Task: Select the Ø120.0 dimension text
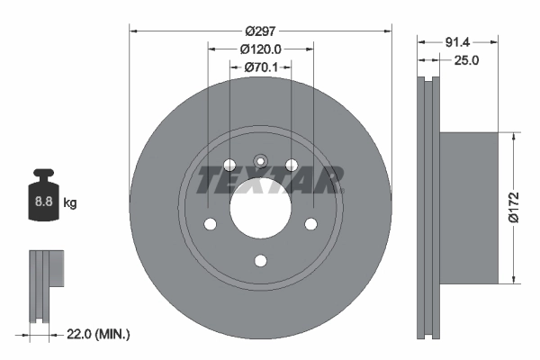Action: (x=261, y=49)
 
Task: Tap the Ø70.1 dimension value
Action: (x=262, y=67)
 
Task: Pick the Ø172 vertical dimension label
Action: (x=512, y=206)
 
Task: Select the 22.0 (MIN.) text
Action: (x=99, y=334)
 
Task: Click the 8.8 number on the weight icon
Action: (x=43, y=202)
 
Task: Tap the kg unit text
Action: (x=71, y=203)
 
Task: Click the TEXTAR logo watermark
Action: (x=270, y=180)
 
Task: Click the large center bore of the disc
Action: (x=261, y=209)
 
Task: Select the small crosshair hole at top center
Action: (x=261, y=163)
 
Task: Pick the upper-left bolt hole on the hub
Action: (x=229, y=165)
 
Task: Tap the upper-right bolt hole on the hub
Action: (x=292, y=165)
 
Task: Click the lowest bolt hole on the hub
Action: (x=261, y=261)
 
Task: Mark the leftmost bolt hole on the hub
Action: (x=211, y=224)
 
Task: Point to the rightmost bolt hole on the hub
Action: (x=311, y=224)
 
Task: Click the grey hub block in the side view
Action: (x=468, y=206)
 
